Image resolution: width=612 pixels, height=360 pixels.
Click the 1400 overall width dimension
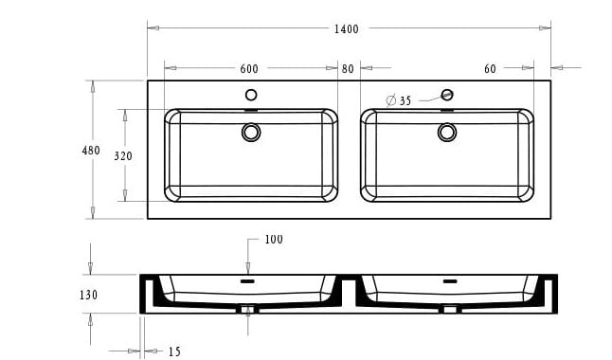pyautogui.click(x=346, y=28)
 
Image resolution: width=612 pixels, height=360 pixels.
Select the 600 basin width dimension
pyautogui.click(x=249, y=69)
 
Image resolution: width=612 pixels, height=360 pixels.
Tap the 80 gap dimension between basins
pyautogui.click(x=348, y=69)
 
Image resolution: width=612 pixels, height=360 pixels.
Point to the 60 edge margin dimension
pyautogui.click(x=490, y=69)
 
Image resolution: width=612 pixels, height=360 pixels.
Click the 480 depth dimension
pyautogui.click(x=91, y=151)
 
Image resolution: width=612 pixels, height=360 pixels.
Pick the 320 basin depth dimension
pyautogui.click(x=123, y=155)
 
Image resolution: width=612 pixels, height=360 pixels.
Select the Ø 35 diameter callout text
pyautogui.click(x=399, y=100)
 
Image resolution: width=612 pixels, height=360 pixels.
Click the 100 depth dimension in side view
pyautogui.click(x=274, y=240)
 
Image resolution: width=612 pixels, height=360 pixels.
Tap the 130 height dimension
pyautogui.click(x=89, y=295)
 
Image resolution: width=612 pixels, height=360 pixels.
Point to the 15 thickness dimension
pyautogui.click(x=174, y=351)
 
